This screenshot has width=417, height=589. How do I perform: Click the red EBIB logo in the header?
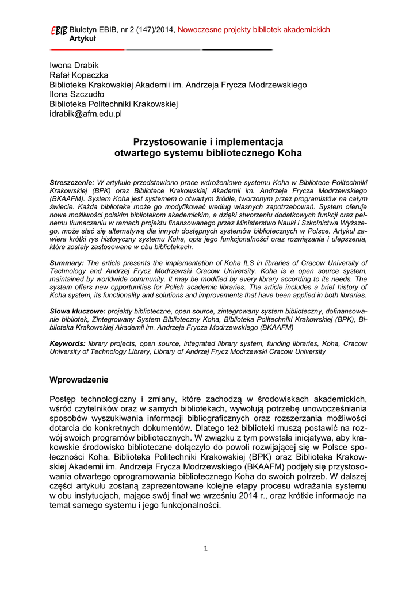58,30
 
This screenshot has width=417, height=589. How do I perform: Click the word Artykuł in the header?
83,38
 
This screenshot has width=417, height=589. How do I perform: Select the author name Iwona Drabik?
74,66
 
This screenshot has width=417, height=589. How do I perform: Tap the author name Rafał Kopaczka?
79,75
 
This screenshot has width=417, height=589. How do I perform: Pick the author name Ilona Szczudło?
77,94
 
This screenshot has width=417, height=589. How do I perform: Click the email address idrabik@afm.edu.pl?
86,114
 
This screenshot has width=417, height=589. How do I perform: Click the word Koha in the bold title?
290,154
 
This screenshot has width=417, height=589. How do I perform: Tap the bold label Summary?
67,262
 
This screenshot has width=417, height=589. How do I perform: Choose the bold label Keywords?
68,343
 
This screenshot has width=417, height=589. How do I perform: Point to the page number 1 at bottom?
205,548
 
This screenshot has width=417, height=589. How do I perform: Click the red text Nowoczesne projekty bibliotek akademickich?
254,30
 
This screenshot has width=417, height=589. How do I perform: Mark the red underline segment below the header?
87,49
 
